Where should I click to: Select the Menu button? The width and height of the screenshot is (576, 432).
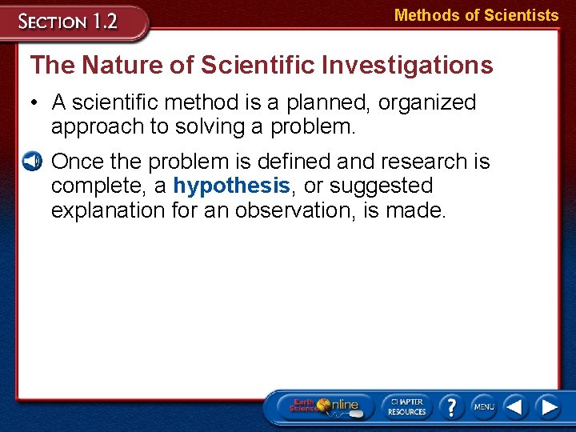(x=483, y=406)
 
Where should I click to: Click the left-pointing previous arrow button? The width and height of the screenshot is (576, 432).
(x=515, y=406)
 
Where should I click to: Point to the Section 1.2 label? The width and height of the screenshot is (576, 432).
(x=70, y=22)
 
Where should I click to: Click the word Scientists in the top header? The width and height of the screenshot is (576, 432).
(x=521, y=15)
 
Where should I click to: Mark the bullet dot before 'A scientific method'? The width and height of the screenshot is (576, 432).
(x=34, y=102)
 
